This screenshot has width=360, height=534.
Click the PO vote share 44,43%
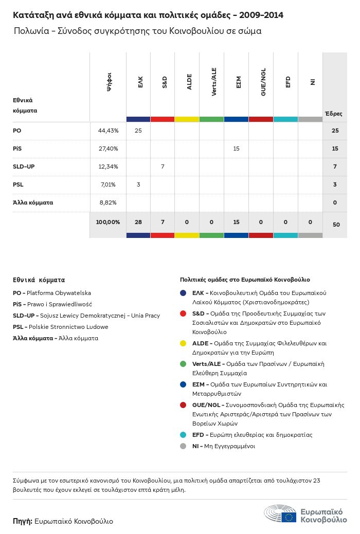click(x=108, y=131)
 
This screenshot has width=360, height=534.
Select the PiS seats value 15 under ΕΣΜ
click(x=237, y=149)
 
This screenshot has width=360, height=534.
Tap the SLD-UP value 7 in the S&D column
click(x=163, y=167)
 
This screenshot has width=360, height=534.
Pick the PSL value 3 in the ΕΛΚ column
click(x=138, y=185)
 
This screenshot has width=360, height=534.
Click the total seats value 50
click(x=335, y=225)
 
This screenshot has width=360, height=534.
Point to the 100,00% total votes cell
click(x=108, y=222)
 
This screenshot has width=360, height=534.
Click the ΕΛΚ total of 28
click(x=138, y=222)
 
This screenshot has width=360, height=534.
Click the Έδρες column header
click(x=333, y=114)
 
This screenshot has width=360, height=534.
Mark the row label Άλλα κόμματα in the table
click(x=33, y=202)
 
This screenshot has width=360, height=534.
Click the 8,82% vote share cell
click(x=108, y=202)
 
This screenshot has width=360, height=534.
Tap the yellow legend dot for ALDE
click(x=183, y=343)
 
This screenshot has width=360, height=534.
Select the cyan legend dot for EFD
click(x=183, y=435)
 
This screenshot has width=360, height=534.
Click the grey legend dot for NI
click(x=183, y=446)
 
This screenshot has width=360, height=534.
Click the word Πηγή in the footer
click(x=22, y=521)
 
